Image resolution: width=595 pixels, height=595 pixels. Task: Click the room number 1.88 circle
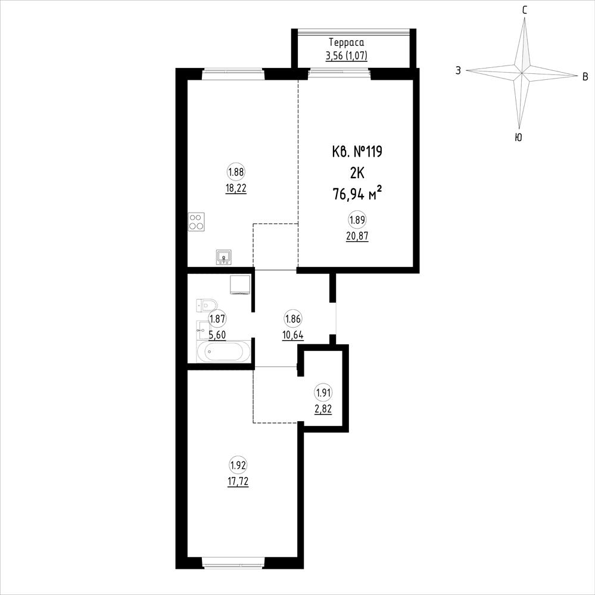(x=236, y=172)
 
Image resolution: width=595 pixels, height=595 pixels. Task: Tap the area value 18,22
(x=236, y=189)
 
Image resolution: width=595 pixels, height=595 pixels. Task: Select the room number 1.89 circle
(x=357, y=220)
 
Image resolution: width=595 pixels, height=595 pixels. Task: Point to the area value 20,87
(x=357, y=236)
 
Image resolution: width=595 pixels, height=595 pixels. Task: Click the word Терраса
(x=346, y=42)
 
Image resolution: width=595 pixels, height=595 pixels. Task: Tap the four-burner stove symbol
(x=196, y=222)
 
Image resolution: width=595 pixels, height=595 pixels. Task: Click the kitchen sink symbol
(x=224, y=257)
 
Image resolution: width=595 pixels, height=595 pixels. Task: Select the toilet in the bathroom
(x=207, y=305)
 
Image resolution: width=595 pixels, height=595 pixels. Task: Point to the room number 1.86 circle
(x=293, y=319)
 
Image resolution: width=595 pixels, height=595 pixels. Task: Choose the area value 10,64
(x=293, y=335)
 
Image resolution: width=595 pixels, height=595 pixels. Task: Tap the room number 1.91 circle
(x=323, y=392)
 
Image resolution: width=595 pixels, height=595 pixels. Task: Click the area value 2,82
(x=323, y=409)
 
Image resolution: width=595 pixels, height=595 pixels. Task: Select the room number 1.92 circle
(x=238, y=465)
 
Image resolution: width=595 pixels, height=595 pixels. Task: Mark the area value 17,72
(x=238, y=482)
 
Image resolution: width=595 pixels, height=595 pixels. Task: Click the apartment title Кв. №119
(x=357, y=152)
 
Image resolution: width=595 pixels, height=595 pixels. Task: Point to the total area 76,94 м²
(x=357, y=194)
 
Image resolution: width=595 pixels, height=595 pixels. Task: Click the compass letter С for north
(x=524, y=10)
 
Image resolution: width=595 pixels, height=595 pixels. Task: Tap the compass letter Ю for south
(x=518, y=138)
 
